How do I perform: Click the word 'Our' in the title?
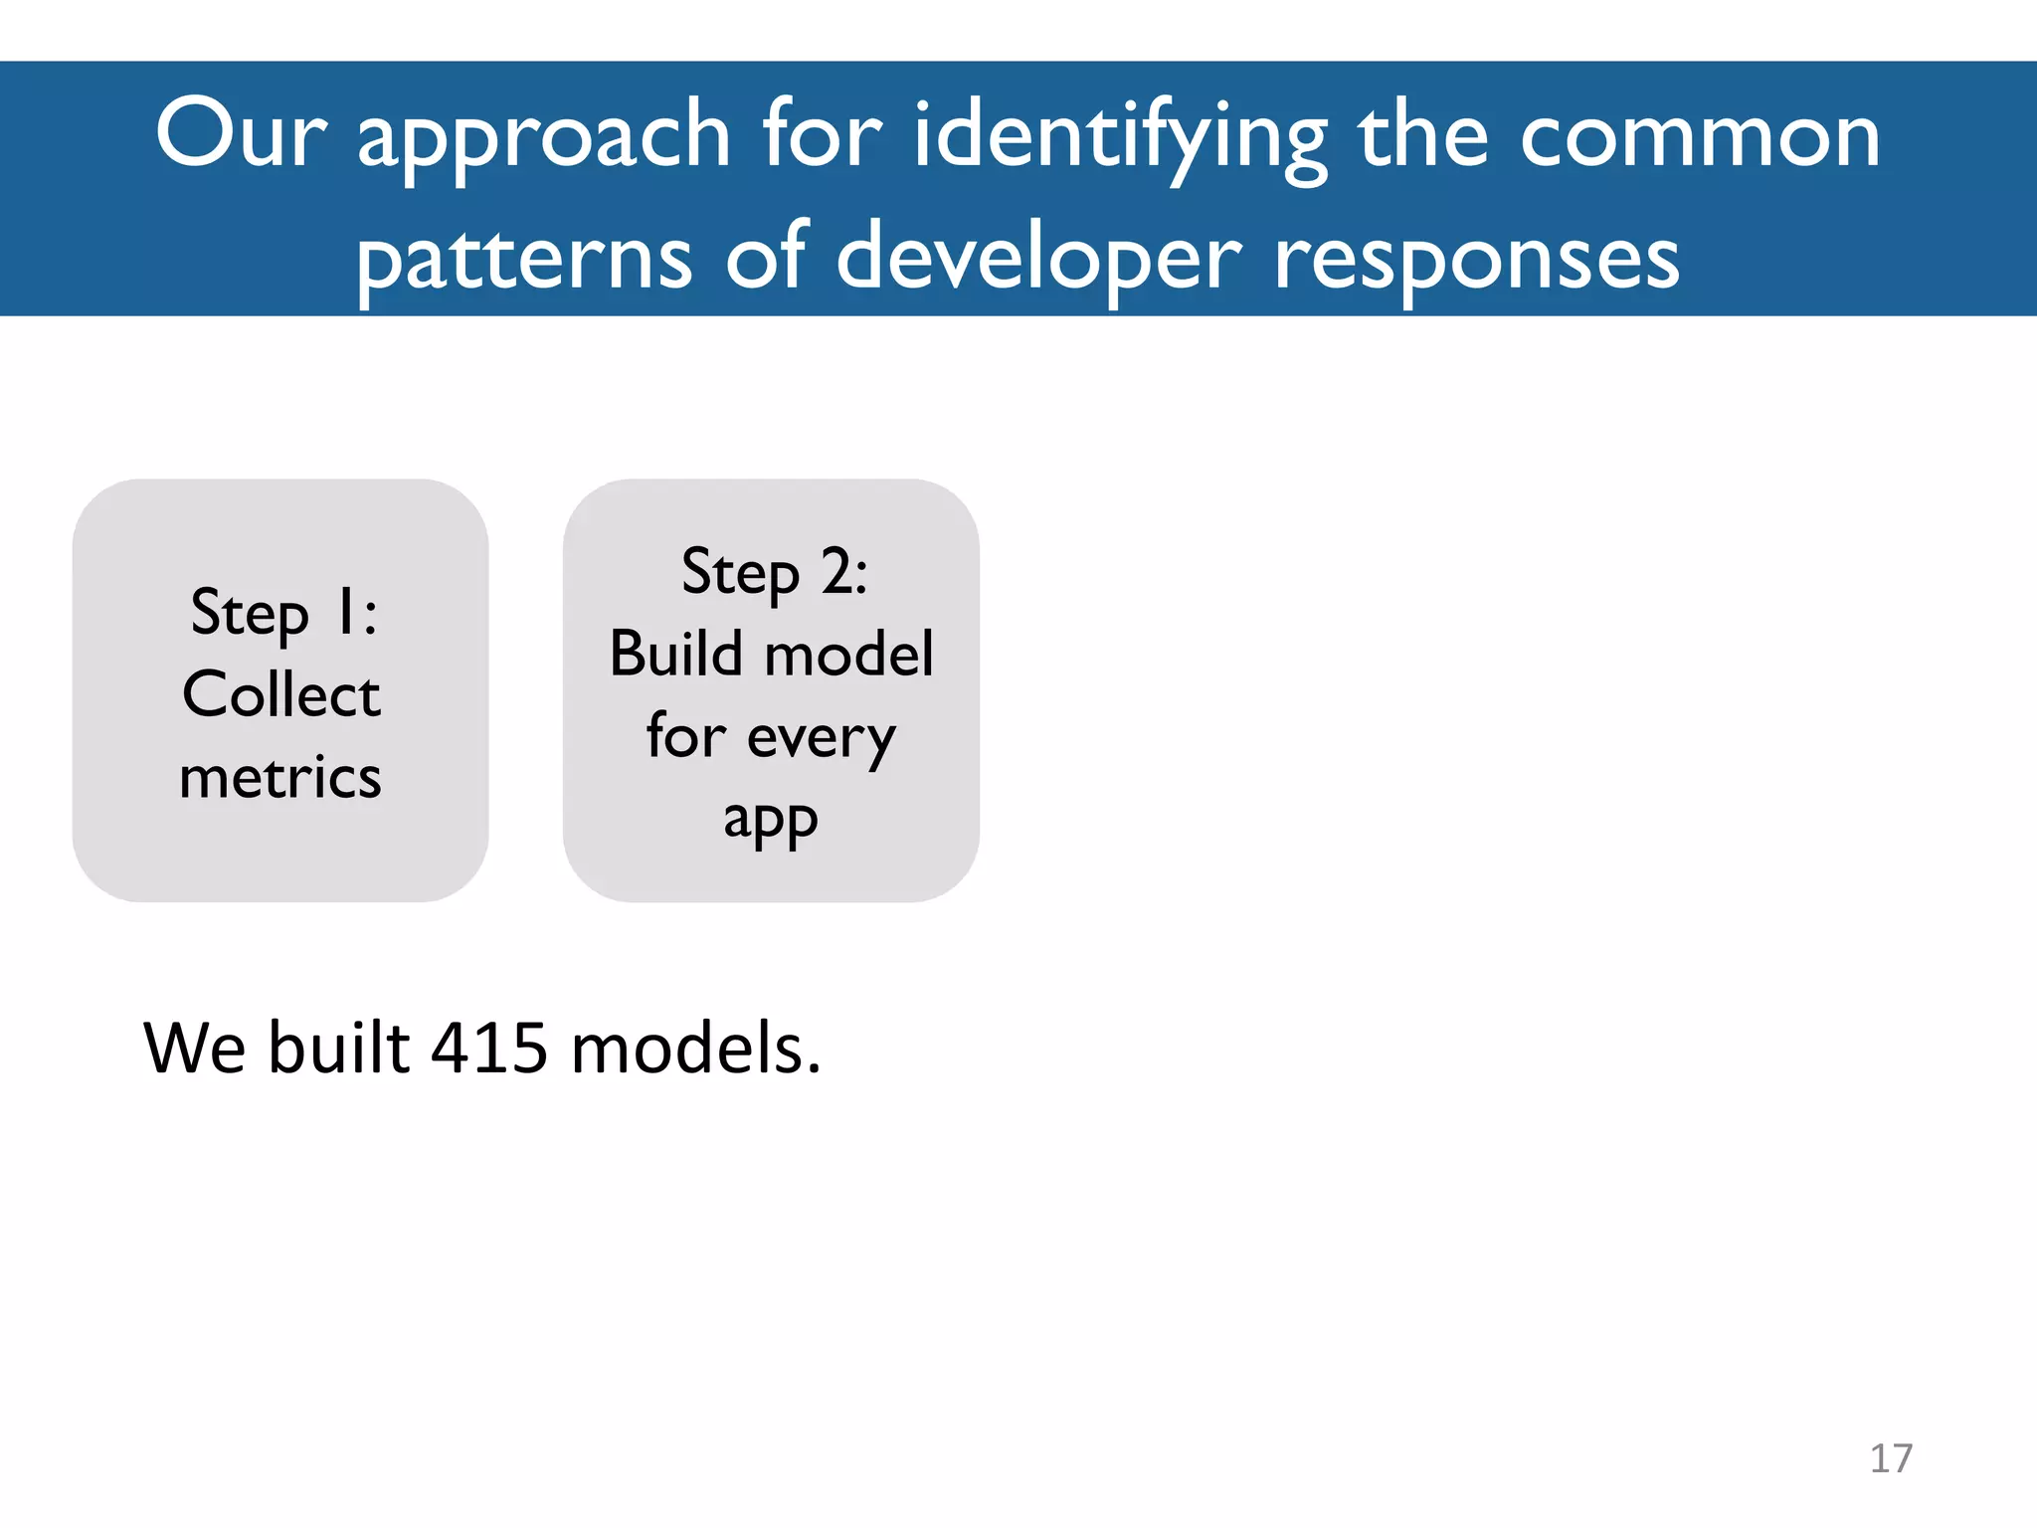tap(241, 134)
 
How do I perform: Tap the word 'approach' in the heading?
tap(544, 139)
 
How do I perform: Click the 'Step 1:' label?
tap(283, 613)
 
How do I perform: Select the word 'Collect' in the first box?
tap(281, 694)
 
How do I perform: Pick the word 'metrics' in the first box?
tap(280, 777)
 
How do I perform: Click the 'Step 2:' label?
tap(774, 573)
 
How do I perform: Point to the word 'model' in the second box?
tap(849, 655)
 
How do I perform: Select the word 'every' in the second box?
tap(822, 739)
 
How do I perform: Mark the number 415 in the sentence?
tap(488, 1049)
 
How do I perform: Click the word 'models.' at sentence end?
tap(696, 1049)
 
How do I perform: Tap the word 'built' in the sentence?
tap(339, 1049)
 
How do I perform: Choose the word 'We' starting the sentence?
tap(195, 1049)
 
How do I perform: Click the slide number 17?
tap(1891, 1458)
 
